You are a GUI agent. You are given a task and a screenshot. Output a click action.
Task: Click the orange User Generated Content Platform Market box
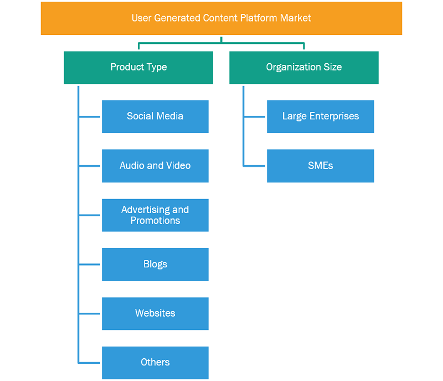pos(221,18)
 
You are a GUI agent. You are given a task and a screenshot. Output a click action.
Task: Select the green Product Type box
pos(138,68)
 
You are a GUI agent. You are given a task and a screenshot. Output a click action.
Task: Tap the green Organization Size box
pos(304,68)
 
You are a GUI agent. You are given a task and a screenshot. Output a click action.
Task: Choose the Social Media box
pos(155,116)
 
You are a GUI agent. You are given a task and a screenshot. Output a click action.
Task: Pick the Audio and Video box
pos(155,166)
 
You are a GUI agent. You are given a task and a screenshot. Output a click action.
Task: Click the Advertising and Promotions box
pos(155,215)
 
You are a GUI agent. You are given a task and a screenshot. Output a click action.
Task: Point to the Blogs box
pos(155,265)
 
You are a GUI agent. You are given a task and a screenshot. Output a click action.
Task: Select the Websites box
pos(155,314)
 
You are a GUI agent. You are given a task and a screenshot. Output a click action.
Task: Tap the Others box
pos(155,363)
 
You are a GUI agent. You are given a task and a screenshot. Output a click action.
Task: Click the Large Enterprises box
pos(321,116)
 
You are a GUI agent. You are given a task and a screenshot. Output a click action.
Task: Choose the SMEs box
pos(321,166)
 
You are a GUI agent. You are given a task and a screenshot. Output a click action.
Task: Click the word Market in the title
pos(296,18)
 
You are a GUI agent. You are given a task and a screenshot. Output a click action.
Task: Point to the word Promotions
pos(155,221)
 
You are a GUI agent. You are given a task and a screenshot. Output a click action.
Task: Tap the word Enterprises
pos(334,116)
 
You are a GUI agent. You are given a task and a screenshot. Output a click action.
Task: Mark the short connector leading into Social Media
pos(90,116)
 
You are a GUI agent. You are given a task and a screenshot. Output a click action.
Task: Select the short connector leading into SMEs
pos(255,166)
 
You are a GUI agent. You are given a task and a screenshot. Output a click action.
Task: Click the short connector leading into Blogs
pos(90,265)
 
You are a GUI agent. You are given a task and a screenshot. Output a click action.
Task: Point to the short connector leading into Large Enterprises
pos(255,116)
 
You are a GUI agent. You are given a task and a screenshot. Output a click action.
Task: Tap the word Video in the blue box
pos(178,165)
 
